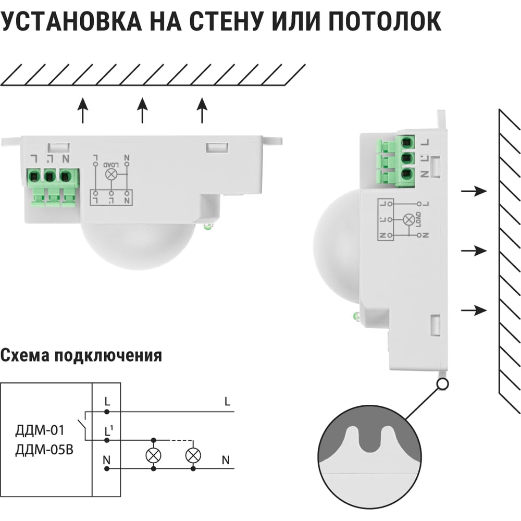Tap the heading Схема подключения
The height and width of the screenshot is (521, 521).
coord(81,356)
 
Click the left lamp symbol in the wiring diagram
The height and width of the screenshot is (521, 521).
coord(153,454)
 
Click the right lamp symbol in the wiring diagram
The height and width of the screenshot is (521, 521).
coord(193,454)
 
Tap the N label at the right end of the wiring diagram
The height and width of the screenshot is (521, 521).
coord(226,460)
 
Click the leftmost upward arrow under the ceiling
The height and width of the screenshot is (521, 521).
coord(82,111)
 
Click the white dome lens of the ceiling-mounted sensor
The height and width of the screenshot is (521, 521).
coord(139,245)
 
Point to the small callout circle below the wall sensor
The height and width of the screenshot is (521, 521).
coord(443,384)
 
